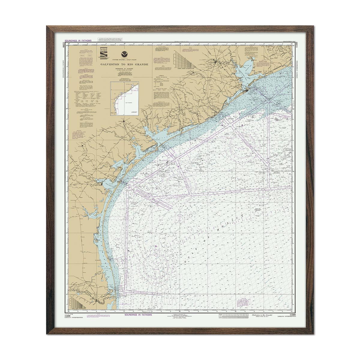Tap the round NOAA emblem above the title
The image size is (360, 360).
click(x=123, y=55)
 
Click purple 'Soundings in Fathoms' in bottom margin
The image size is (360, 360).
click(x=138, y=316)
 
